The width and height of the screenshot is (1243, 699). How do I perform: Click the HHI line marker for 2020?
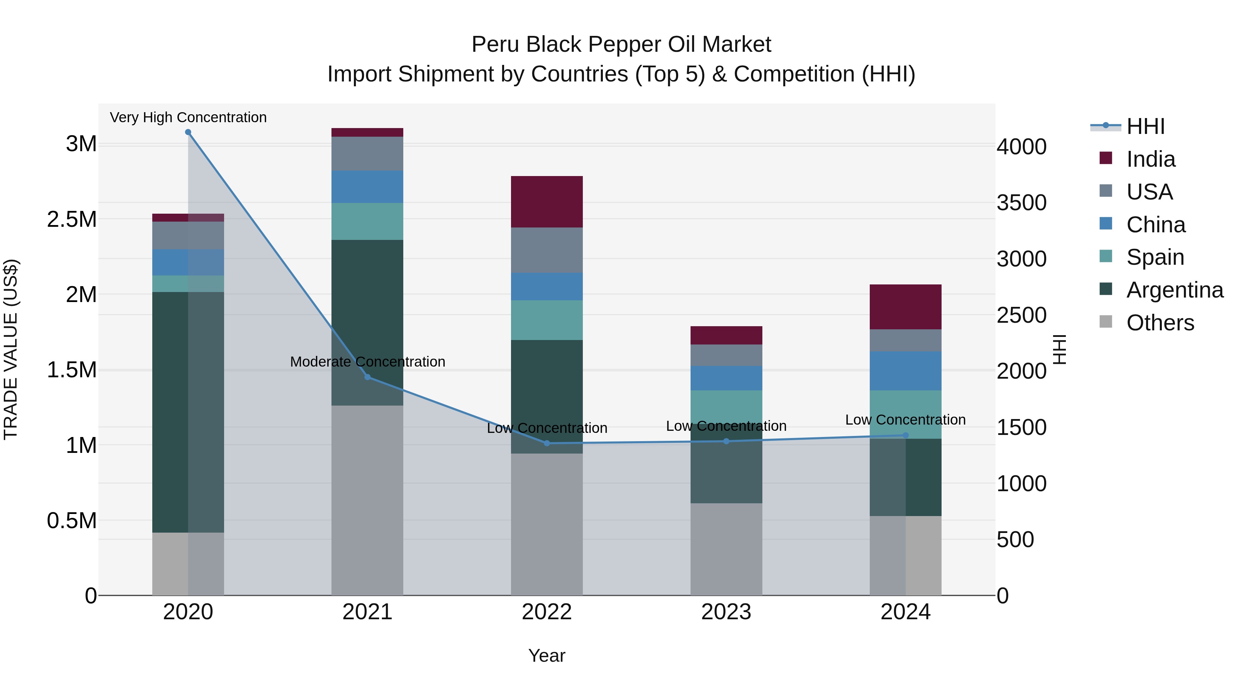point(188,132)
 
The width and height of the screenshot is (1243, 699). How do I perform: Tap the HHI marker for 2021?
point(368,377)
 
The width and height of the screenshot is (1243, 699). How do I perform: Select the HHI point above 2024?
point(906,435)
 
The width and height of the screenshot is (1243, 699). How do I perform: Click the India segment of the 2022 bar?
point(547,202)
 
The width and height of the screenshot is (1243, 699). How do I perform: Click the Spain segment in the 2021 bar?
point(367,221)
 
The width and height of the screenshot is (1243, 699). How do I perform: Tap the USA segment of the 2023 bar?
point(726,355)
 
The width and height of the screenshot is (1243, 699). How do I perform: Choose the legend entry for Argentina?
point(1175,290)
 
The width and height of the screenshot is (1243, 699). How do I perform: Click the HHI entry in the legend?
point(1146,126)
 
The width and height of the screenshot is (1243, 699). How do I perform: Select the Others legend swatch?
point(1106,322)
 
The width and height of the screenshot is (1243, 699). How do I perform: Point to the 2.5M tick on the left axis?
point(71,220)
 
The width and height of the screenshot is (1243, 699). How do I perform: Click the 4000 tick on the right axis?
point(1022,147)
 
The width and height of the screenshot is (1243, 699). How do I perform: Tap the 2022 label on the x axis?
point(547,612)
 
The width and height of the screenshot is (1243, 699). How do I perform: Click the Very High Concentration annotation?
point(188,117)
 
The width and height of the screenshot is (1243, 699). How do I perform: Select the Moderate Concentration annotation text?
point(368,362)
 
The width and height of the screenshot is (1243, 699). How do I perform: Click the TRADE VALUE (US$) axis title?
point(11,349)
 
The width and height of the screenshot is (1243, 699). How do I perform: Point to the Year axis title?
point(547,656)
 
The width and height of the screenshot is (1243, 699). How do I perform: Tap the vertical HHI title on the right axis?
point(1060,349)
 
